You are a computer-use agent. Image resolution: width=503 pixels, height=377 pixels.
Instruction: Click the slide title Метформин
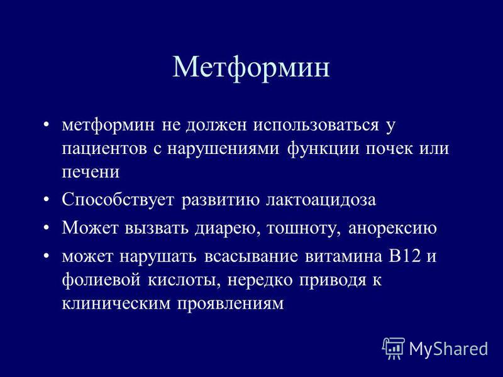(251, 68)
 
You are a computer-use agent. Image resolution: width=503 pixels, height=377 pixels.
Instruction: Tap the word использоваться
(316, 124)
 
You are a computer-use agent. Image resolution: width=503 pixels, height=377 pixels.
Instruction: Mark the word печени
(91, 172)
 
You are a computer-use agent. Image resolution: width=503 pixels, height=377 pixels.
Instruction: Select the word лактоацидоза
(321, 200)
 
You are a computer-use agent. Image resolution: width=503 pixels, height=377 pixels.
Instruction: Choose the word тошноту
(304, 229)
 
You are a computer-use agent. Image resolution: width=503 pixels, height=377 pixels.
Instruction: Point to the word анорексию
(392, 229)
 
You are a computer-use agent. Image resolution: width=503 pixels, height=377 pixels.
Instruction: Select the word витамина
(343, 257)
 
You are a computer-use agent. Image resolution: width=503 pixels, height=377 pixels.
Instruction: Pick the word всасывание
(251, 257)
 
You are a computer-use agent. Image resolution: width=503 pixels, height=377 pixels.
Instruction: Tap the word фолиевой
(101, 280)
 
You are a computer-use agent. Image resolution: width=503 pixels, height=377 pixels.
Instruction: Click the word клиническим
(116, 303)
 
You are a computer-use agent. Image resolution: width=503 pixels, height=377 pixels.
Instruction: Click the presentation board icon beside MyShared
(394, 349)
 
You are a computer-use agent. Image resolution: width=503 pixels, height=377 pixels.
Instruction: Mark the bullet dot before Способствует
(46, 200)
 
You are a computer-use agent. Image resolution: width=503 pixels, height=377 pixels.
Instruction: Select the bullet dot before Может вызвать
(46, 228)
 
